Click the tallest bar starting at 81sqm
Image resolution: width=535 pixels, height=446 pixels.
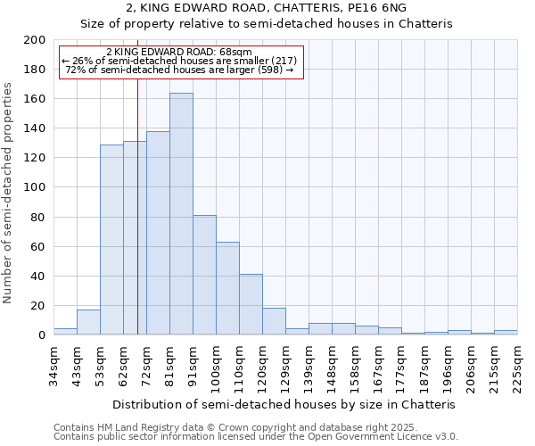tap(181, 214)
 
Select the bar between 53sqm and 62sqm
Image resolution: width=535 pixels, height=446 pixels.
tap(111, 239)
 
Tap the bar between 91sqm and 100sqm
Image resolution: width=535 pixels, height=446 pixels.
tap(204, 275)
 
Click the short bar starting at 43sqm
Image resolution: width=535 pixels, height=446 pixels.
tap(88, 322)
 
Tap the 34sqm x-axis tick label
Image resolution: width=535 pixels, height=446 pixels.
tap(53, 364)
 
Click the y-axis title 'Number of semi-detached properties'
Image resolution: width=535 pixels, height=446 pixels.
tap(8, 193)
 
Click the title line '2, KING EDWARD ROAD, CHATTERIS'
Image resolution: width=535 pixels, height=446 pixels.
tap(267, 8)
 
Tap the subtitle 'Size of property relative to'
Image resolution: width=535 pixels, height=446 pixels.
tap(267, 24)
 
